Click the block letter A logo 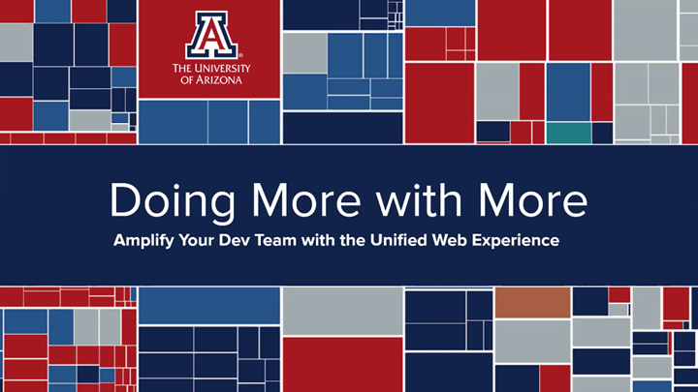pyautogui.click(x=209, y=35)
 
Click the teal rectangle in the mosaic pyautogui.click(x=568, y=133)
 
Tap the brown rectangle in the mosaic pyautogui.click(x=532, y=303)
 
